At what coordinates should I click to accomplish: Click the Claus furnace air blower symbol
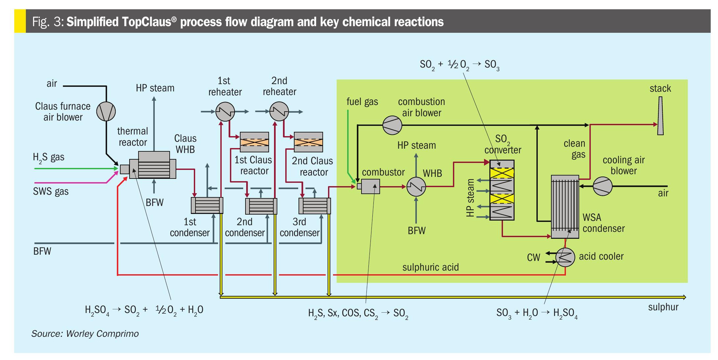(x=106, y=111)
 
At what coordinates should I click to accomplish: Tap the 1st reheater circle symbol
(x=225, y=112)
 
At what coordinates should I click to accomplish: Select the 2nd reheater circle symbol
(x=279, y=111)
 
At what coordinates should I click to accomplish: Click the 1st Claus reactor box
(x=254, y=142)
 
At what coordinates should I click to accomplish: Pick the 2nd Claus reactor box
(x=308, y=142)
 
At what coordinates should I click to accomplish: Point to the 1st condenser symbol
(x=207, y=205)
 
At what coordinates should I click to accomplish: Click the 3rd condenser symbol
(x=314, y=206)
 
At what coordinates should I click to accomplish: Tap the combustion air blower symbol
(x=392, y=125)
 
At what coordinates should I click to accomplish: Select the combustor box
(x=370, y=186)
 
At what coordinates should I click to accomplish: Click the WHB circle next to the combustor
(x=416, y=187)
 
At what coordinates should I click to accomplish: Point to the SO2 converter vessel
(x=502, y=190)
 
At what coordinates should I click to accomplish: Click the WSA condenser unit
(x=565, y=207)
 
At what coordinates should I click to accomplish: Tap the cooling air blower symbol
(x=602, y=186)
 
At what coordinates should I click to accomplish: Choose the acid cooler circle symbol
(x=565, y=257)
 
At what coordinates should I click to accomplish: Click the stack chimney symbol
(x=660, y=116)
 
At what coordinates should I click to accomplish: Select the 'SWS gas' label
(x=51, y=191)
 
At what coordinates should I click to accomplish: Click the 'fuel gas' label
(x=362, y=102)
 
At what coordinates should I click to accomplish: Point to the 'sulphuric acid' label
(x=430, y=267)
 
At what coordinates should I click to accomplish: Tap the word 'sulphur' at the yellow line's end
(x=663, y=307)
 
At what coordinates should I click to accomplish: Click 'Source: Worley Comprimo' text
(x=85, y=334)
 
